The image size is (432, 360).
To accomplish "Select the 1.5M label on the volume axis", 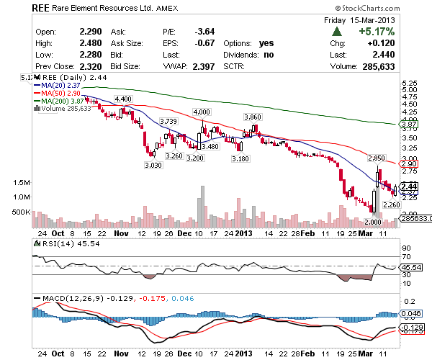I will click(22, 183).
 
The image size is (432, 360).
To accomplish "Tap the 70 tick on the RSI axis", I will click(405, 257).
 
